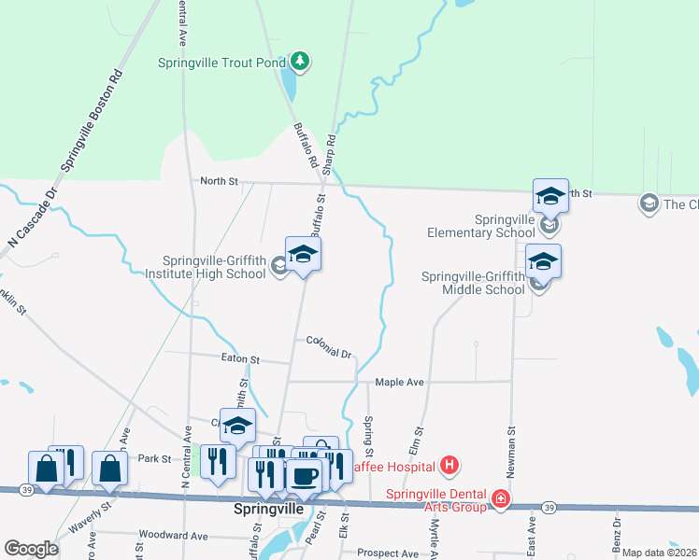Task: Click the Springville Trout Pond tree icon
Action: [x=299, y=63]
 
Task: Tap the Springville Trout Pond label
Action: [x=221, y=63]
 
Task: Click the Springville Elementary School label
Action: [x=483, y=225]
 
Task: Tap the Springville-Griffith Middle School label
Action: [x=473, y=283]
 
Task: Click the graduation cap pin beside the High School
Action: [x=303, y=255]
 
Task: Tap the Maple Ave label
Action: [x=399, y=383]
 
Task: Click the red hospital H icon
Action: [x=449, y=465]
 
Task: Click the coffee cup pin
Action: [x=303, y=477]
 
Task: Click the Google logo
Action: [x=31, y=549]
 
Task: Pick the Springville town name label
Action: [x=267, y=511]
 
